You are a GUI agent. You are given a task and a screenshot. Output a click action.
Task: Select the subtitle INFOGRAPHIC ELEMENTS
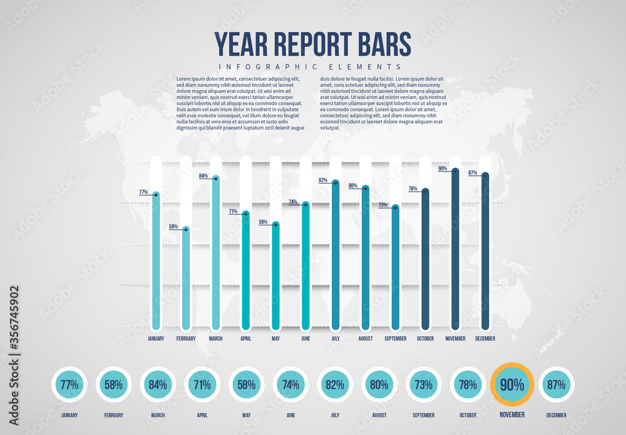coord(310,66)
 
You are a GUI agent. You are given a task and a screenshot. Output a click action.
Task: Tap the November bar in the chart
coord(455,250)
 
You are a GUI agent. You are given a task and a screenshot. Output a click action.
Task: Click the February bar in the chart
coord(186,279)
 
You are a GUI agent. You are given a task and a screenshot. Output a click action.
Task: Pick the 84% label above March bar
coord(203,176)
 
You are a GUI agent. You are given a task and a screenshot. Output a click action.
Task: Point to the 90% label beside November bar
coord(443,168)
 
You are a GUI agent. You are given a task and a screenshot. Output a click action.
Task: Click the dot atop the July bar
coord(336,183)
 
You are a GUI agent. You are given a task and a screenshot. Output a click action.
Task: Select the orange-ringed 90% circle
coord(512,384)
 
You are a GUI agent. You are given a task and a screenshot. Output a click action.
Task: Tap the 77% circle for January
coord(69,384)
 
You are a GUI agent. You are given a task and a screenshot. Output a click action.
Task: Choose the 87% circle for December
coord(556,384)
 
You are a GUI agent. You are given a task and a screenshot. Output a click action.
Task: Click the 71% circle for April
coord(202,384)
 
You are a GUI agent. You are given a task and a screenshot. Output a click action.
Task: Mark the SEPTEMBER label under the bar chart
coord(395,339)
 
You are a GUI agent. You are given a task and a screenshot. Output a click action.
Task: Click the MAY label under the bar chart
coord(275,339)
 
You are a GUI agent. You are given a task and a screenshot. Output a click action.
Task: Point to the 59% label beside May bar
coord(263,222)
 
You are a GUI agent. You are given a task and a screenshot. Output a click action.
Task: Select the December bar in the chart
coord(485,250)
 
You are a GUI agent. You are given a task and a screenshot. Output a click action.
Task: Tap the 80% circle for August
coord(379,384)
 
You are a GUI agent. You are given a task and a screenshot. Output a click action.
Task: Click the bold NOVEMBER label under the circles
coord(512,414)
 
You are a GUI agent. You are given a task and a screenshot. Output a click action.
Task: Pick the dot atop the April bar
coord(246,214)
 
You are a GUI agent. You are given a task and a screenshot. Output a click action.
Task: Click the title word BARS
coord(381,44)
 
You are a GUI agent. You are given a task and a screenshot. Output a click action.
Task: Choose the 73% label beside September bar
coord(383,205)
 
